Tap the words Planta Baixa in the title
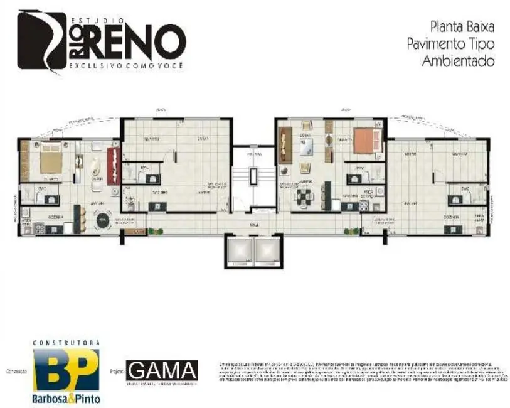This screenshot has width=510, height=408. pos(462,27)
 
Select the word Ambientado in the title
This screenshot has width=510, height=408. pos(458,61)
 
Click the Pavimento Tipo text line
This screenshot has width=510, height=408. pos(450,44)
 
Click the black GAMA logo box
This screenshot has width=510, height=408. pos(162,370)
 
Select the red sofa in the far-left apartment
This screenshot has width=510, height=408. pos(112,164)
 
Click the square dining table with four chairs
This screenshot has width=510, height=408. pos(305,197)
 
